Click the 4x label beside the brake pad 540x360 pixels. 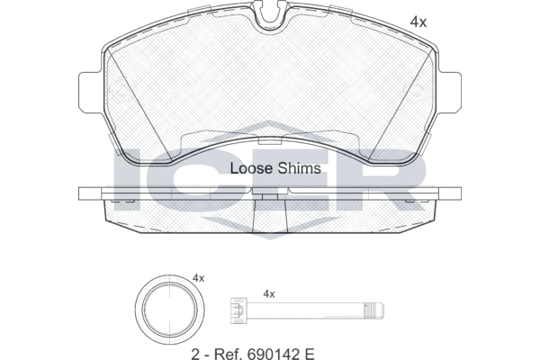[x=418, y=22]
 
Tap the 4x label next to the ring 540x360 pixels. [x=198, y=278]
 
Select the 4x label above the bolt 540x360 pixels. [x=269, y=294]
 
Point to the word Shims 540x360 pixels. [x=300, y=168]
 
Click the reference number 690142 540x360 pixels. [x=271, y=354]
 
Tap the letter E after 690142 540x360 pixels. [x=310, y=354]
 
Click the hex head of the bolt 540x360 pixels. [x=239, y=310]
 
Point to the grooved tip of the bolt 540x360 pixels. [x=374, y=310]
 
